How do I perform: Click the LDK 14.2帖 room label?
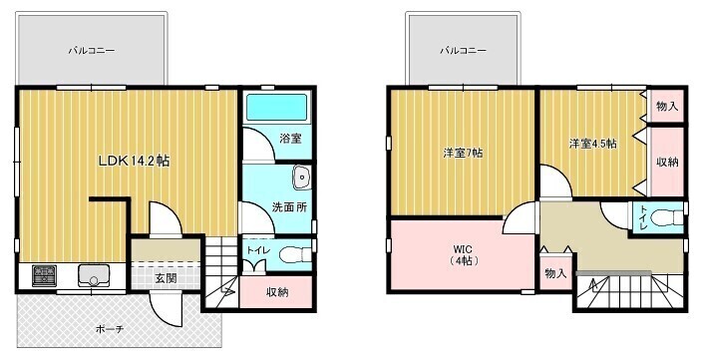(134, 161)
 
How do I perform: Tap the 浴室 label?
(290, 139)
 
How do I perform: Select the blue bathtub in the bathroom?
(277, 107)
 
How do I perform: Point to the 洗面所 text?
(289, 207)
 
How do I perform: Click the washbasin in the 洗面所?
(302, 178)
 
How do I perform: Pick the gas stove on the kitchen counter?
(45, 275)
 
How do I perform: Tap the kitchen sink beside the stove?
(94, 275)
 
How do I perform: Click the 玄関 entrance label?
(166, 278)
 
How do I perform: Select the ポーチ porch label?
(110, 330)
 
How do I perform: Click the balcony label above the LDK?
(92, 51)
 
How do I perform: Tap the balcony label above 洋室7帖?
(463, 51)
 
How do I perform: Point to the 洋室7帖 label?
(463, 154)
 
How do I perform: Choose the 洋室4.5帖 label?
(592, 144)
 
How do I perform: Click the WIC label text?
(463, 249)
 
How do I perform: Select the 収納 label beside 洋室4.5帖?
(667, 163)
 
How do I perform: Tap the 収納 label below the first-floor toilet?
(277, 292)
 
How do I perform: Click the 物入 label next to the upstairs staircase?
(555, 273)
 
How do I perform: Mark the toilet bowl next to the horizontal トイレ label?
(295, 256)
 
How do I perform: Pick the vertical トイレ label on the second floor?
(644, 217)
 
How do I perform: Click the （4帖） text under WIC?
(463, 261)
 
